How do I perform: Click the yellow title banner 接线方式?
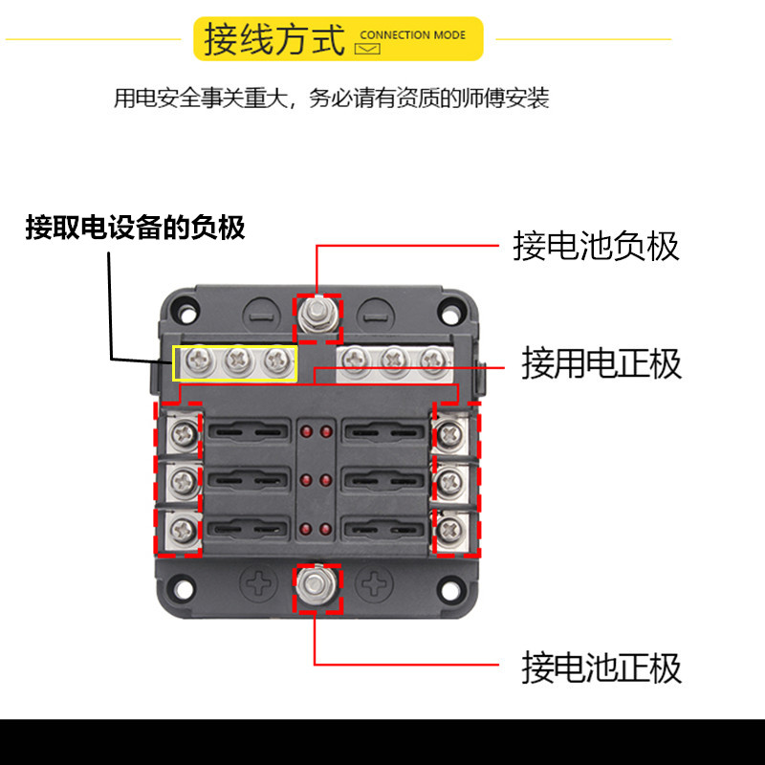(x=339, y=39)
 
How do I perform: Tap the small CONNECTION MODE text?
(x=412, y=35)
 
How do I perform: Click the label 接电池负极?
(x=596, y=246)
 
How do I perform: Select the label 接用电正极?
(x=601, y=363)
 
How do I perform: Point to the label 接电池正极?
(x=601, y=667)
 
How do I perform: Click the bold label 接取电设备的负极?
(x=135, y=228)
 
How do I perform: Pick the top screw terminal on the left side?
(x=180, y=436)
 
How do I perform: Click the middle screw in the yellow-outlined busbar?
(x=236, y=361)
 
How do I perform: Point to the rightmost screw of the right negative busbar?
(x=432, y=361)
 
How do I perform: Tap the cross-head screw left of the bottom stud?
(x=259, y=582)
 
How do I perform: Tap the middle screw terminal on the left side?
(x=180, y=481)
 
